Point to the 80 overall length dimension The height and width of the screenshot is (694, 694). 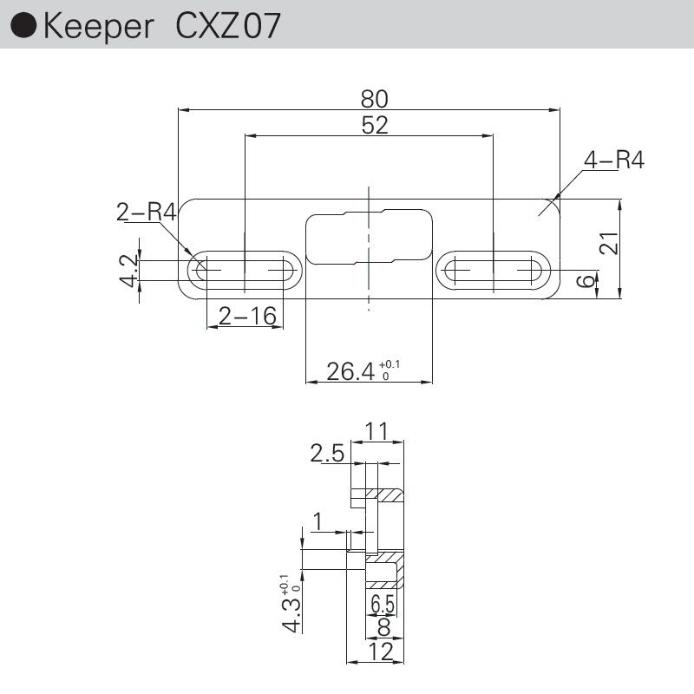(x=375, y=97)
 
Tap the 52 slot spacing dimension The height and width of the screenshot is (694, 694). (x=375, y=125)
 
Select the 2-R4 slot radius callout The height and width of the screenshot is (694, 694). (x=147, y=211)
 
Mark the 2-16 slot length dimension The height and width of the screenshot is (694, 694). (x=246, y=318)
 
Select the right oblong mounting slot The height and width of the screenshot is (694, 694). (x=493, y=271)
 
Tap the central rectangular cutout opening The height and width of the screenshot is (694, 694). (x=369, y=235)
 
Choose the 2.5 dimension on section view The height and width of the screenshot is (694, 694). (x=327, y=453)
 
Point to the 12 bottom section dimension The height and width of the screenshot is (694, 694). (x=380, y=651)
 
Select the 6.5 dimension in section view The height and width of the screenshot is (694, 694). (x=382, y=602)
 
